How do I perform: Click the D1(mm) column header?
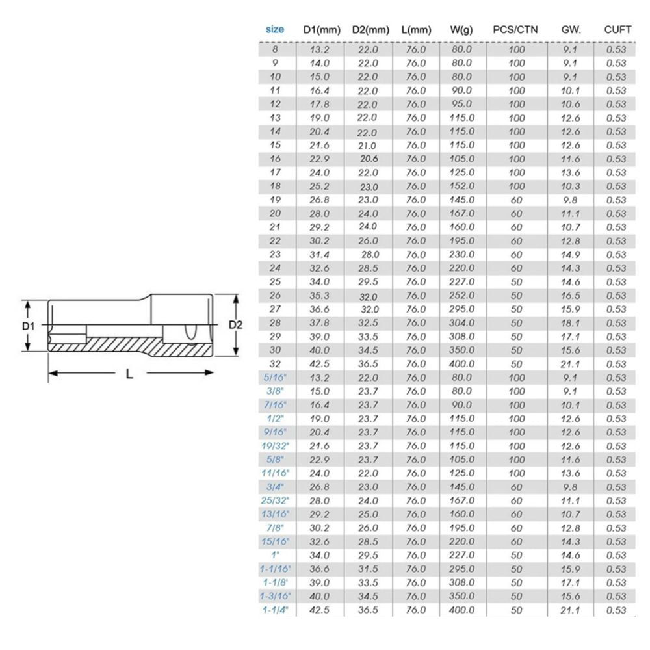tap(322, 30)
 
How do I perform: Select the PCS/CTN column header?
tap(516, 30)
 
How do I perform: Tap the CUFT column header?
tap(617, 30)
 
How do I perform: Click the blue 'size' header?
tap(275, 29)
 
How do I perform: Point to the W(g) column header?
tap(461, 30)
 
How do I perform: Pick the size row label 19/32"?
tap(275, 446)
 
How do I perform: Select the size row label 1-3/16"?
tap(275, 596)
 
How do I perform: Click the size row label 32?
tap(275, 364)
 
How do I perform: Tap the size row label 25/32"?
tap(275, 500)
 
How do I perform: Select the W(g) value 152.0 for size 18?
tap(461, 187)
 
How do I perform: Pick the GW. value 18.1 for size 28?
tap(569, 323)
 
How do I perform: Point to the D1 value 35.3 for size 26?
tap(318, 296)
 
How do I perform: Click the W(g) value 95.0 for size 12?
tap(461, 105)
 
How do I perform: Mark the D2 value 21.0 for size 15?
tap(368, 145)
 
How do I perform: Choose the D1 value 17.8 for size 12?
tap(318, 105)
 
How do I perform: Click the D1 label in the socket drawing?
tap(27, 326)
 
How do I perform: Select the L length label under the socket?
tap(130, 374)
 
